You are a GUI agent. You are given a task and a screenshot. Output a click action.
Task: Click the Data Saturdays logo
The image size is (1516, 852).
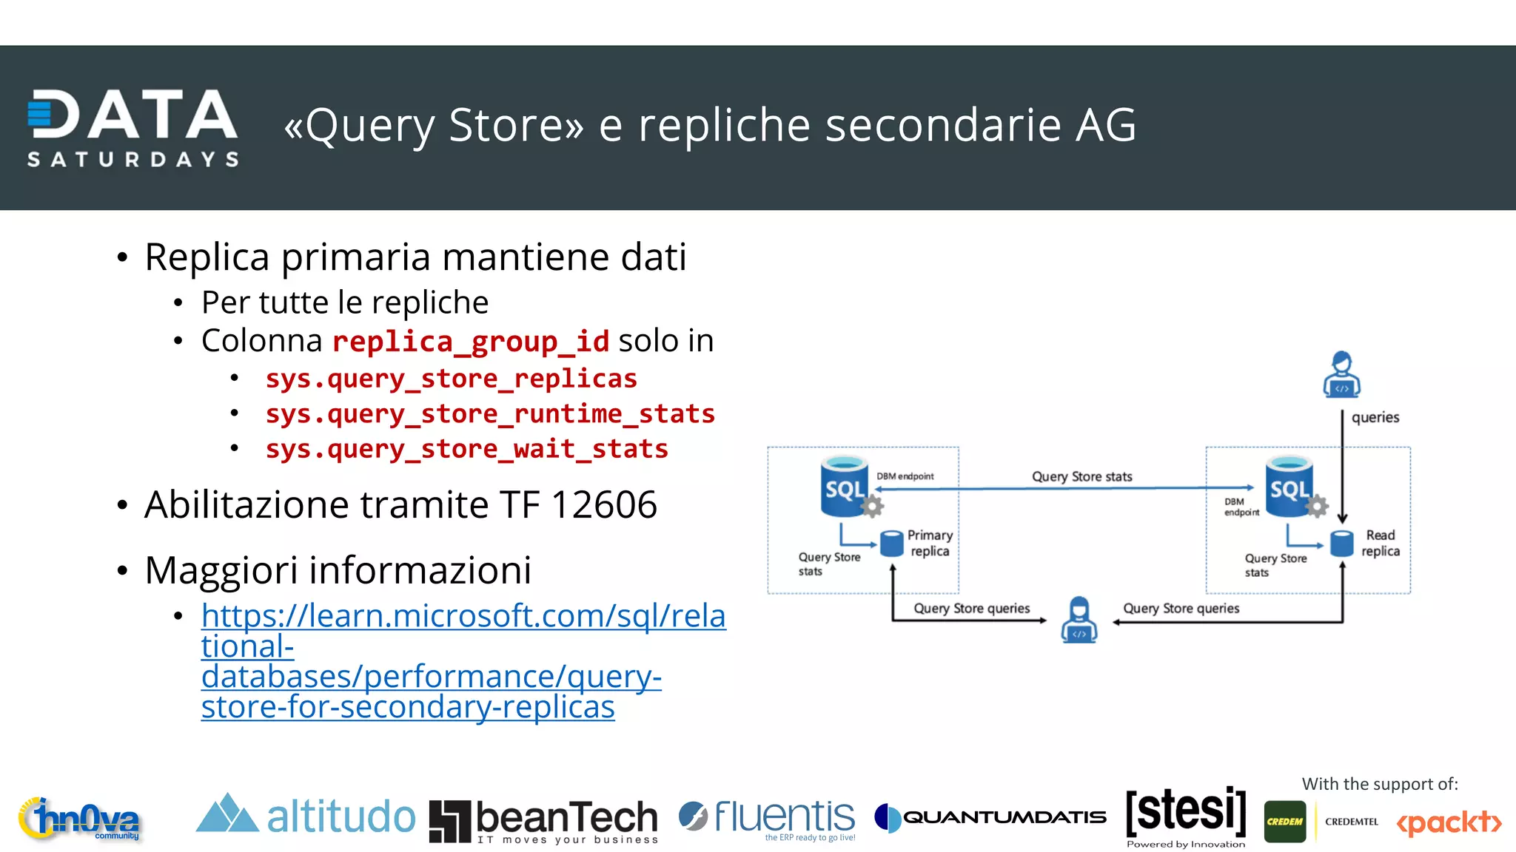point(133,127)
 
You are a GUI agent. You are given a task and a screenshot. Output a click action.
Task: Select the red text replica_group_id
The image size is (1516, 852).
point(471,342)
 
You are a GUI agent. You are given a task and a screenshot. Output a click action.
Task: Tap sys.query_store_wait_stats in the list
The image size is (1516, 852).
point(466,449)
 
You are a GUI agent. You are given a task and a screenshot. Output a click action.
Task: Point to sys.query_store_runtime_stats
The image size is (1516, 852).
point(490,413)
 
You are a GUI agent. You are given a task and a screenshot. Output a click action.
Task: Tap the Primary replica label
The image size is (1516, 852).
point(930,543)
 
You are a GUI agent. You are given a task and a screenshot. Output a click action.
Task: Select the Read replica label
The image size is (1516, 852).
point(1381,543)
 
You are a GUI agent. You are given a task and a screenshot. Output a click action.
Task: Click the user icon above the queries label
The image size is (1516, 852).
point(1341,375)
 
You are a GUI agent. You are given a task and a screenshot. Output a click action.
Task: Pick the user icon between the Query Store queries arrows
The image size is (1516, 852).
point(1079,620)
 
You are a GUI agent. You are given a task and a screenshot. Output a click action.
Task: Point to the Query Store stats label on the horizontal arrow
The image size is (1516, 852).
point(1081,477)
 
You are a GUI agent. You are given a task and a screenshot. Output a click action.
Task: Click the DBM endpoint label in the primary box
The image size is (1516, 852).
point(905,476)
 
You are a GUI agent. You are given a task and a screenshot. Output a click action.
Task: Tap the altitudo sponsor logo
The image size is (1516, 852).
point(305,816)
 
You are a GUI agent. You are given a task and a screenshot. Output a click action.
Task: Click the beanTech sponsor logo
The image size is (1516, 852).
point(544,820)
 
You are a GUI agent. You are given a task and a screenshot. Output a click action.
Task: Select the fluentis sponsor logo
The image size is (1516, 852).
point(768,818)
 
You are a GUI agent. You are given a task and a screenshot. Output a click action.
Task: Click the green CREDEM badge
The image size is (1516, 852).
point(1285,822)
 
